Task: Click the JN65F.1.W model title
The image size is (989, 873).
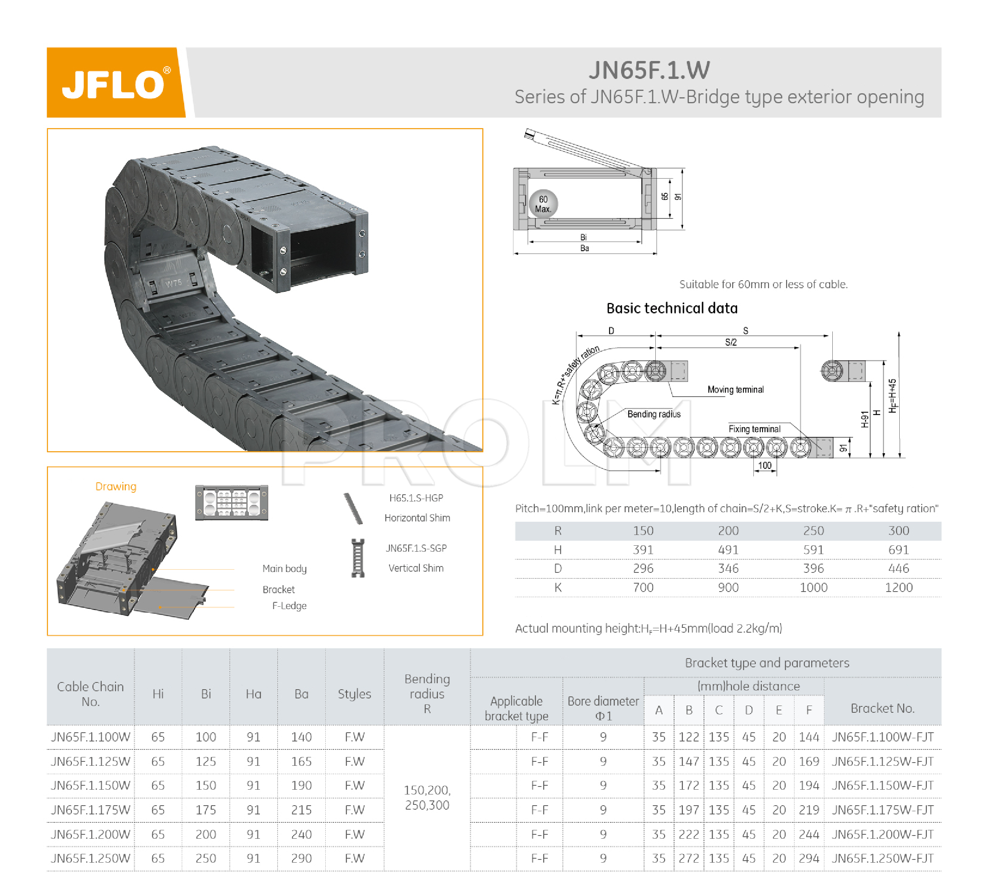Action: (x=649, y=70)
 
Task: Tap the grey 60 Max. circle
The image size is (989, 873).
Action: (x=543, y=204)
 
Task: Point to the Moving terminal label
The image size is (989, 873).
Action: (x=735, y=389)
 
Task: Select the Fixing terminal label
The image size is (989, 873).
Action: (x=754, y=429)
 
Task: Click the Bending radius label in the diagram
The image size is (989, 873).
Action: (x=654, y=414)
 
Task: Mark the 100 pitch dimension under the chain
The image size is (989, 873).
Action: (x=765, y=466)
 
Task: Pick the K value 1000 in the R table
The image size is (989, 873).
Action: (x=813, y=588)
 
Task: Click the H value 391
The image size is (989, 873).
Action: (x=643, y=550)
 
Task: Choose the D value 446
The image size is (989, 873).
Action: (x=898, y=568)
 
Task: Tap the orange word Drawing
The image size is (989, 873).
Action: (x=116, y=486)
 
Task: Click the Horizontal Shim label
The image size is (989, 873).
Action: (x=417, y=518)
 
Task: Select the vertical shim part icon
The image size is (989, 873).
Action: (x=358, y=558)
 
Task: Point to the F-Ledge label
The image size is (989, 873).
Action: (x=289, y=606)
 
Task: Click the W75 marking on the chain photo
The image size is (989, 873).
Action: (x=174, y=283)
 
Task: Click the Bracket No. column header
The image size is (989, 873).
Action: (x=882, y=708)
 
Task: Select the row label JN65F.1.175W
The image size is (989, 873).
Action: (x=90, y=810)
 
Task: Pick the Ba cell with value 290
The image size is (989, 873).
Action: (x=301, y=859)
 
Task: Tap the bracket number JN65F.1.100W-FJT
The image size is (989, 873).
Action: (x=882, y=737)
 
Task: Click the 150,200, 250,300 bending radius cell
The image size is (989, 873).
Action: (x=427, y=798)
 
